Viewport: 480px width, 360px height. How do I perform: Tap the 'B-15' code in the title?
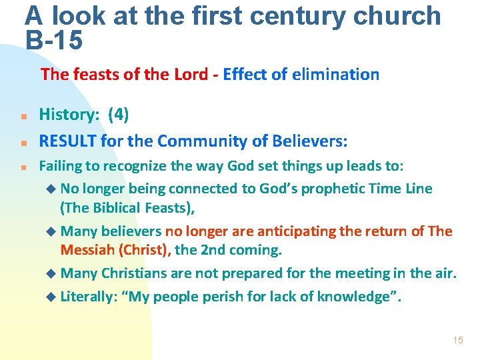click(54, 41)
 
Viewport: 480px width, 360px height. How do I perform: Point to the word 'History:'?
click(69, 115)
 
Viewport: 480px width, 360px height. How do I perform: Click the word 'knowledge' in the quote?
click(357, 296)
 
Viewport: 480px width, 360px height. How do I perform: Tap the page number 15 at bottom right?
click(457, 340)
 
